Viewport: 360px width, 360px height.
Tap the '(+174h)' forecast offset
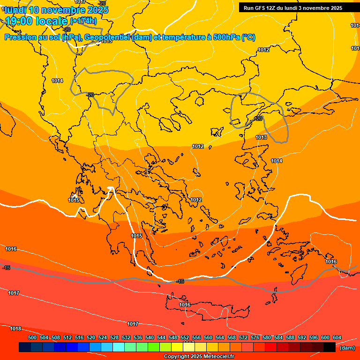click(x=83, y=21)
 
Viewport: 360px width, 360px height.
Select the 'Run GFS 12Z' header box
click(x=293, y=8)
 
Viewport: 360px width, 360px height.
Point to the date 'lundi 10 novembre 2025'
click(x=56, y=10)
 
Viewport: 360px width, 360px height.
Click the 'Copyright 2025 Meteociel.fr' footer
click(x=199, y=357)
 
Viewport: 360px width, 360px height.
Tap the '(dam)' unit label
click(x=346, y=347)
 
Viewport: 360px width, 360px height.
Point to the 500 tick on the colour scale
click(x=32, y=337)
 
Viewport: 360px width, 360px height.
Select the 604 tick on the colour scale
click(x=337, y=337)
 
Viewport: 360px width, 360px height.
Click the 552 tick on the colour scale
click(x=185, y=337)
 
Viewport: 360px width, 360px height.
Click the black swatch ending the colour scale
click(x=330, y=347)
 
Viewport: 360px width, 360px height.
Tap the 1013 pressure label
click(x=261, y=137)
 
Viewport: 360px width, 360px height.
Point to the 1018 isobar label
click(x=15, y=329)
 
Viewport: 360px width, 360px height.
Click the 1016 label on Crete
click(x=185, y=305)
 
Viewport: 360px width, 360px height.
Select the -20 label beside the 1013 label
click(x=257, y=119)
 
